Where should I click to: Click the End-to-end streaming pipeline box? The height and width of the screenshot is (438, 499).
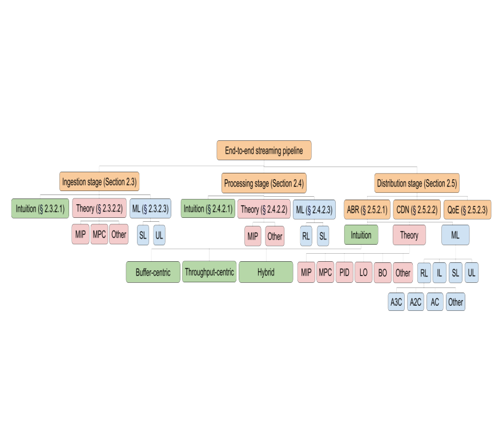264,151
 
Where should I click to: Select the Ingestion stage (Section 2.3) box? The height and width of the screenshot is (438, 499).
100,182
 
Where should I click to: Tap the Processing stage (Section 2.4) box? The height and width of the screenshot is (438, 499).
264,183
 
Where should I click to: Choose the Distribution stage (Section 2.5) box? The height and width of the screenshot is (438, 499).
417,183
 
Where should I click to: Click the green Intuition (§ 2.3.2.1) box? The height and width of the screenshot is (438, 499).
39,209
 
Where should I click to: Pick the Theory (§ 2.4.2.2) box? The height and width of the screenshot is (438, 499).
264,209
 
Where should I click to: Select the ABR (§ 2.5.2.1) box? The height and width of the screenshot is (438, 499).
367,209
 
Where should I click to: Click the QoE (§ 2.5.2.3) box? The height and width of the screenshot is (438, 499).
468,209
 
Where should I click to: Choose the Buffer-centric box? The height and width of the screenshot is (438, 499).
152,272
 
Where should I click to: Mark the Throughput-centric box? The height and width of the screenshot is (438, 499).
209,272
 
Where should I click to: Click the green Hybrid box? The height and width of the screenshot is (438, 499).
265,272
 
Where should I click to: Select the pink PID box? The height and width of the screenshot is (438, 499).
344,272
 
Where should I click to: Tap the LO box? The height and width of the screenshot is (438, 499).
363,272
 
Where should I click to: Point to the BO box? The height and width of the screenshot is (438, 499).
383,272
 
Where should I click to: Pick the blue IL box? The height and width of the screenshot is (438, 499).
440,273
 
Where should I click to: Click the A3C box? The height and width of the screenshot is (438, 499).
396,302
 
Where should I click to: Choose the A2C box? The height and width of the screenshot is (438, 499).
416,302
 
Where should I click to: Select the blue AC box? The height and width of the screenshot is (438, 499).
435,302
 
